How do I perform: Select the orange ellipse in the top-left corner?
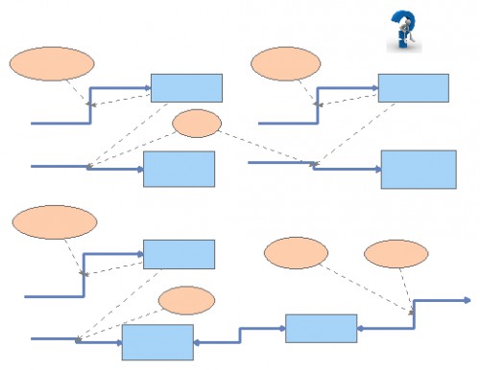pos(52,63)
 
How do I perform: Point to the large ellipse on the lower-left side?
pos(55,221)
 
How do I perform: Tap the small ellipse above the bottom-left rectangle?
pos(186,300)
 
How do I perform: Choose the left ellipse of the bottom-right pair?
pos(296,253)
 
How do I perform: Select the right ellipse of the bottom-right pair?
pos(396,253)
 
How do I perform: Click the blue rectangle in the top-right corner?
pos(413,87)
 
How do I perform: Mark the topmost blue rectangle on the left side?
pos(186,87)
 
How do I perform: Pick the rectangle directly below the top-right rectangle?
pos(418,169)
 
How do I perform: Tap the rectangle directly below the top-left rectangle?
pos(179,169)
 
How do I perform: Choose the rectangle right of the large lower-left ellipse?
pos(179,254)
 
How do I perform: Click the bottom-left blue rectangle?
pos(157,341)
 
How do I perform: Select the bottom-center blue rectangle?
pos(321,328)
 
